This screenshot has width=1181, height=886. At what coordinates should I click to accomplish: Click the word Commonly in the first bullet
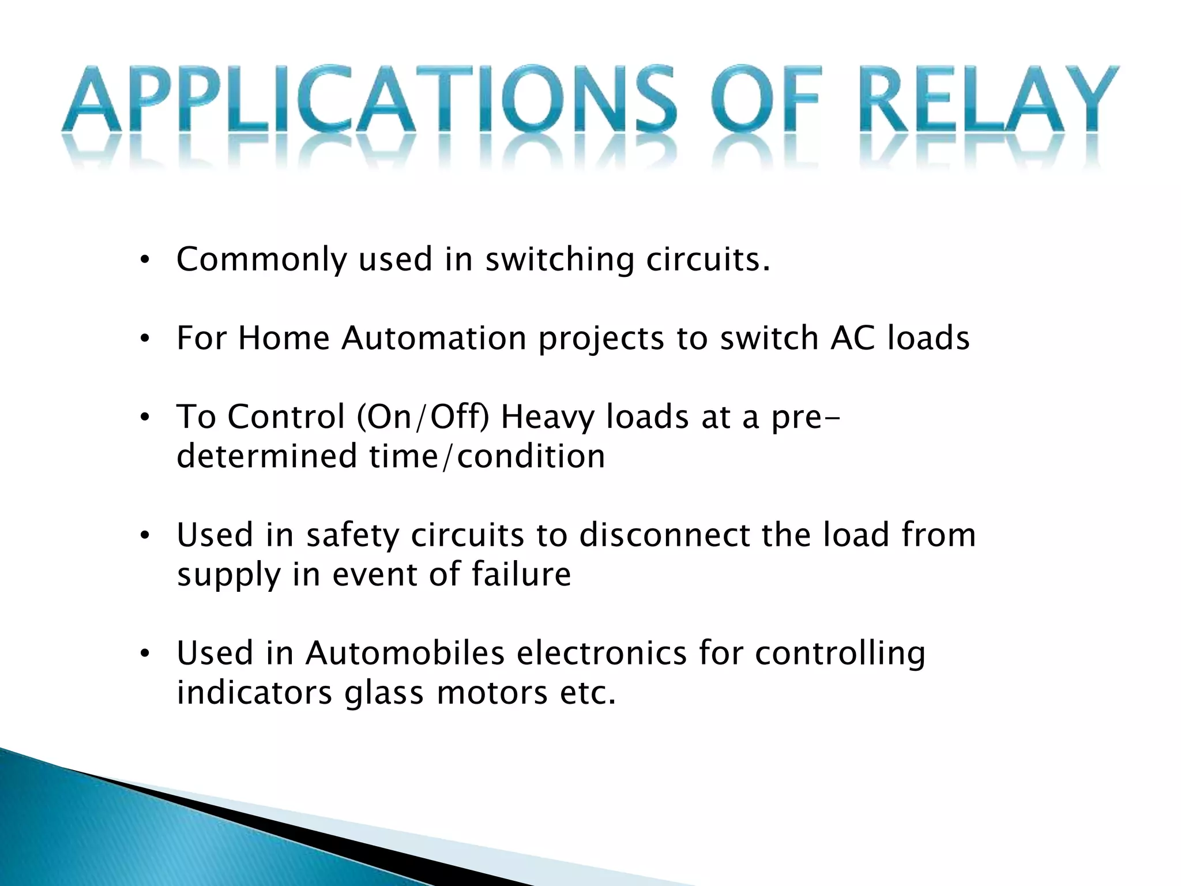pyautogui.click(x=261, y=260)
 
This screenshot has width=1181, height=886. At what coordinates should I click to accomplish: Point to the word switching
pyautogui.click(x=559, y=260)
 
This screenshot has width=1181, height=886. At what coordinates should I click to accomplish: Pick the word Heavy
pyautogui.click(x=547, y=418)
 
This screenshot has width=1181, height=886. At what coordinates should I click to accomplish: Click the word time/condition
pyautogui.click(x=487, y=456)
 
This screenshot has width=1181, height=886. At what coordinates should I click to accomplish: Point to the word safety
pyautogui.click(x=352, y=535)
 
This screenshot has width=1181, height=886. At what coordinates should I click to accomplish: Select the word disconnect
pyautogui.click(x=664, y=535)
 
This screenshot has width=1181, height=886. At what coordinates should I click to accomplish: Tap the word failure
pyautogui.click(x=521, y=575)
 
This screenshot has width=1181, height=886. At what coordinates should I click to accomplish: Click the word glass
pyautogui.click(x=384, y=693)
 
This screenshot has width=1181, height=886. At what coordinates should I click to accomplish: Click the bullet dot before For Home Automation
pyautogui.click(x=145, y=339)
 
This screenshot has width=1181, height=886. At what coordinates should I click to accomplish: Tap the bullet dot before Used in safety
pyautogui.click(x=145, y=536)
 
